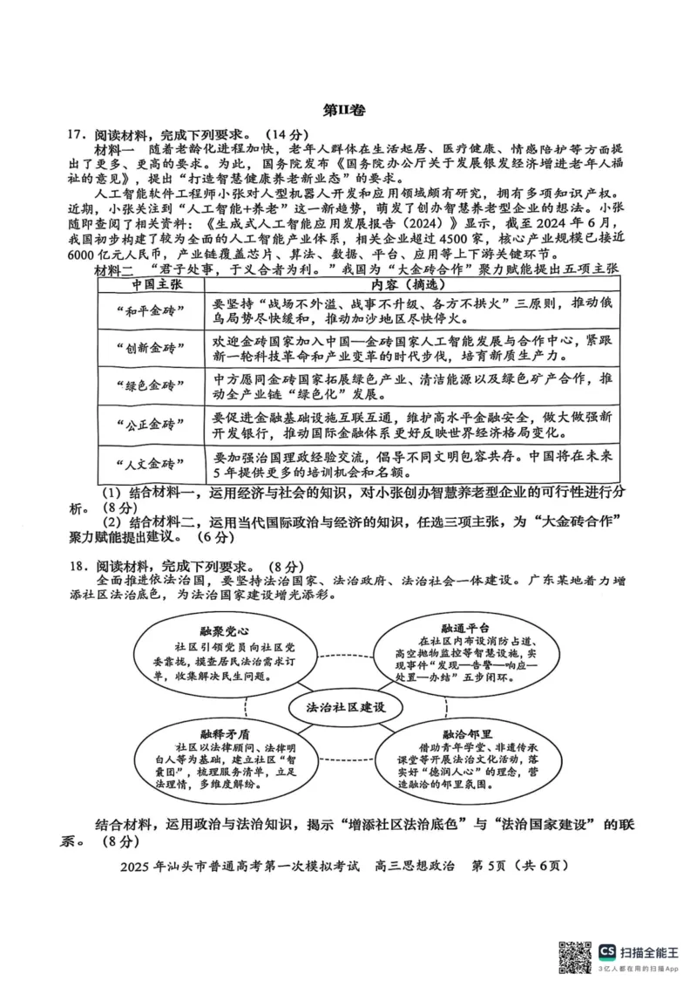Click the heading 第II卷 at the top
point(348,110)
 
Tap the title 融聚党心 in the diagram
point(213,630)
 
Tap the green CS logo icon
point(606,952)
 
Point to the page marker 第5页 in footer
point(488,867)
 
